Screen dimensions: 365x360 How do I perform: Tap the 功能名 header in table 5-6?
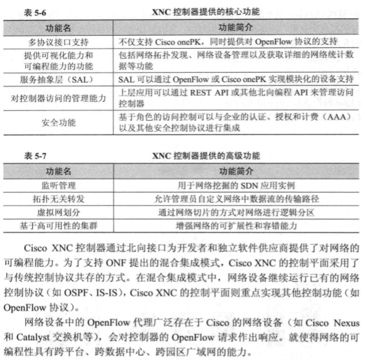[58, 28]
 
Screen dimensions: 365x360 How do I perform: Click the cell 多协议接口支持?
[58, 43]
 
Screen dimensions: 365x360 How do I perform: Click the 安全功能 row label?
[58, 122]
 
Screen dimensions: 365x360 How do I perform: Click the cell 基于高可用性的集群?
[58, 226]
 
